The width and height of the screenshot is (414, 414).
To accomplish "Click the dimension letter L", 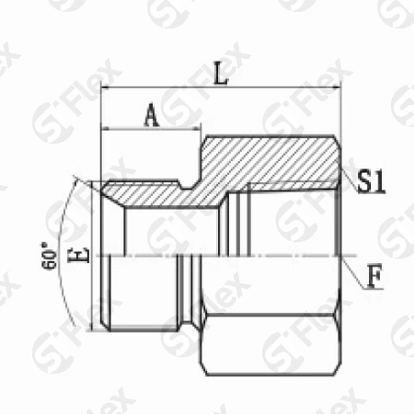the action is click(x=221, y=74).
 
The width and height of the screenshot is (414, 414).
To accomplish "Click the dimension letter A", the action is click(x=152, y=115).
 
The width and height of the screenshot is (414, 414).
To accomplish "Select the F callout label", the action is click(x=375, y=276).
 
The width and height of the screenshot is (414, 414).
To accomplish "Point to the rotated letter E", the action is click(x=78, y=255).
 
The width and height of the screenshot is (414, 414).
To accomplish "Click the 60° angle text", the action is click(x=49, y=256).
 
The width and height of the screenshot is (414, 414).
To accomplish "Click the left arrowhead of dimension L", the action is click(x=106, y=88).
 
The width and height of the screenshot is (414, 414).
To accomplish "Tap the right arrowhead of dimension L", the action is click(x=337, y=88).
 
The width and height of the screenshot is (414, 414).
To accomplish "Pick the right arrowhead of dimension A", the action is click(x=196, y=129).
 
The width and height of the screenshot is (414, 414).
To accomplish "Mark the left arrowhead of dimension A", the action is click(x=106, y=129).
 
